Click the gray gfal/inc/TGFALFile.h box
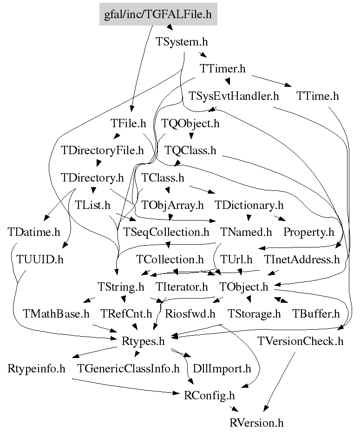click(158, 14)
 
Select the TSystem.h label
click(182, 42)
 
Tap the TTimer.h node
click(223, 68)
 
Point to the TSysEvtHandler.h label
click(234, 96)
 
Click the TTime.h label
click(317, 96)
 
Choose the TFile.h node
click(128, 123)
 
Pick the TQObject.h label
click(190, 123)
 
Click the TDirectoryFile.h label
click(102, 150)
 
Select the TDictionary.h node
click(249, 205)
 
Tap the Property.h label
click(308, 232)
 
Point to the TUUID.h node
click(40, 260)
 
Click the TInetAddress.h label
click(302, 260)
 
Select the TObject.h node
click(244, 286)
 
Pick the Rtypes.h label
click(143, 341)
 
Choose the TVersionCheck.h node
click(301, 341)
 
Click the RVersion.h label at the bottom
click(256, 423)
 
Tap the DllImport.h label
click(222, 369)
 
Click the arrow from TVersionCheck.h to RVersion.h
click(279, 382)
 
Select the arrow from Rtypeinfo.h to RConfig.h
click(126, 386)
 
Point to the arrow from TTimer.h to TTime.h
click(272, 81)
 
